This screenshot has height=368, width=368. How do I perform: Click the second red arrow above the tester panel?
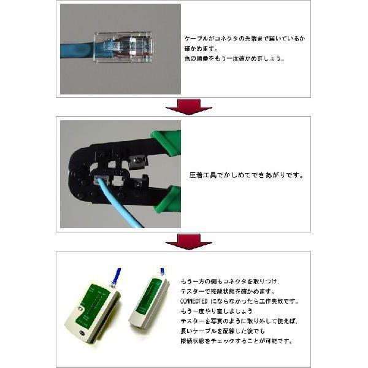(x=188, y=242)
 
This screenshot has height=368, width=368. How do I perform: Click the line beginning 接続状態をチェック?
(x=236, y=342)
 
